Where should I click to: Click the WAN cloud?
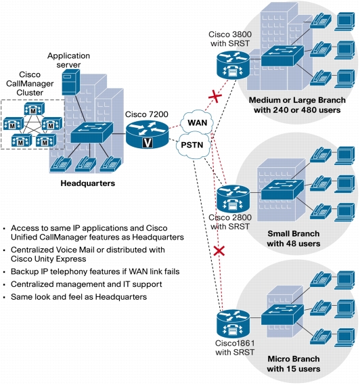pos(197,122)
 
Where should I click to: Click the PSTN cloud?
pos(194,145)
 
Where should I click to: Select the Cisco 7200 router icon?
pos(147,135)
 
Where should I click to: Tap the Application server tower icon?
pos(70,82)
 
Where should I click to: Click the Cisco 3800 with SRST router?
pos(233,66)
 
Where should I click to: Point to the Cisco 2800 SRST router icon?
pos(233,199)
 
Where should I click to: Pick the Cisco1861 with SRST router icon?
pos(233,323)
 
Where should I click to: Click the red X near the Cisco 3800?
pos(215,96)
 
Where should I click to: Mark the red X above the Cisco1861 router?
pos(219,251)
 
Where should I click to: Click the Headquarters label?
pos(88,183)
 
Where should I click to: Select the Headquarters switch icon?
pos(92,133)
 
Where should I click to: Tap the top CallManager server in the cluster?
pos(35,109)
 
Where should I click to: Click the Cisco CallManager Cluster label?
pos(30,83)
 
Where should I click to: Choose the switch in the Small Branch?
pos(282,189)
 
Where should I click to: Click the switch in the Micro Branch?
pos(282,315)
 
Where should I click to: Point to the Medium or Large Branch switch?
pos(282,55)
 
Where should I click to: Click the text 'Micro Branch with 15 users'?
pos(294,364)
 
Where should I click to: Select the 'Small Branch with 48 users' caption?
pos(294,238)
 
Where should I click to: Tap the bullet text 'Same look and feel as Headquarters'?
pos(78,297)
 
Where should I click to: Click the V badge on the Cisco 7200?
pos(148,143)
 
